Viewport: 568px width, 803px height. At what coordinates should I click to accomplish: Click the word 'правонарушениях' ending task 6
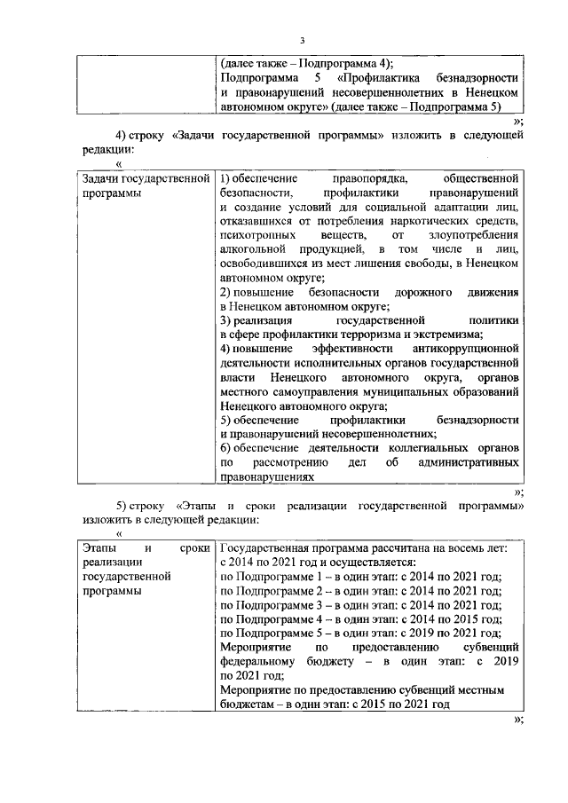tap(268, 476)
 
